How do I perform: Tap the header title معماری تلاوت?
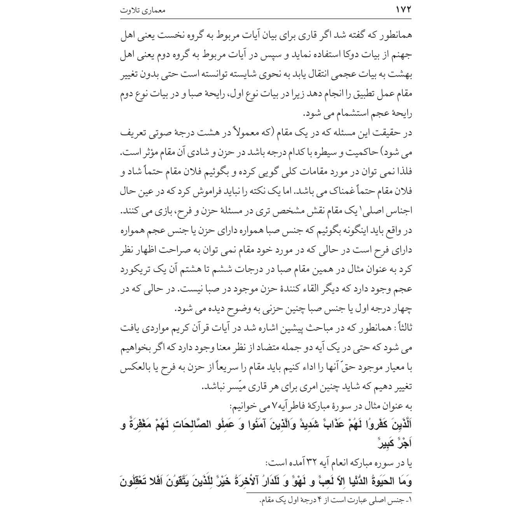point(143,10)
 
